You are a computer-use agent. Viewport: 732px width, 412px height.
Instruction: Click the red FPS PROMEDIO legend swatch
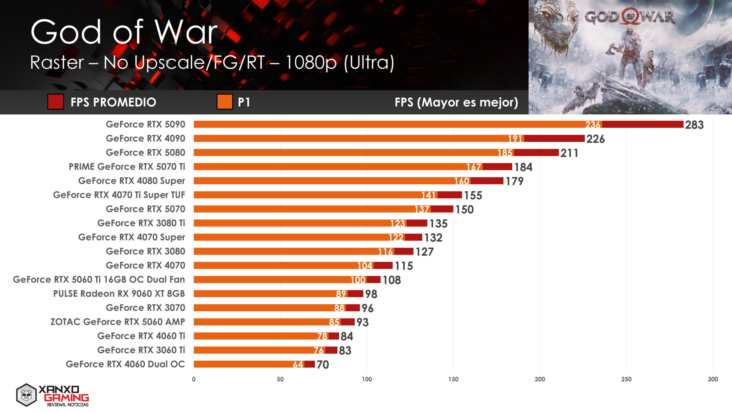(x=55, y=102)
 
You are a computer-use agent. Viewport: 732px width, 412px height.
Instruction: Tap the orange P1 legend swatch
(x=224, y=102)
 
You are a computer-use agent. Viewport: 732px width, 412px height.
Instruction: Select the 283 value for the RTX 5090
(x=694, y=125)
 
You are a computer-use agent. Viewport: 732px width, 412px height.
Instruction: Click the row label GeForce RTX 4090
(x=145, y=138)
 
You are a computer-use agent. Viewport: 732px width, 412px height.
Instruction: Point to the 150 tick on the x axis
(x=453, y=379)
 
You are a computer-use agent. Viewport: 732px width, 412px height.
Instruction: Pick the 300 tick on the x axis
(x=713, y=379)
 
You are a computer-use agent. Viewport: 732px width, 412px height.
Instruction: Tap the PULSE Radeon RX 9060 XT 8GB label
(x=119, y=294)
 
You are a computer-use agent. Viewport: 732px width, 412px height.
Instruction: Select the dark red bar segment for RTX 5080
(x=536, y=153)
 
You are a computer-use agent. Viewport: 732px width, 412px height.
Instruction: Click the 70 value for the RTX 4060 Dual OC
(x=323, y=365)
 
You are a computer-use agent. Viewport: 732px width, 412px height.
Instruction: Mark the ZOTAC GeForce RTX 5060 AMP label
(x=118, y=322)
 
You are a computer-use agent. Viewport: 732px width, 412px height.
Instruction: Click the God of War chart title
(x=124, y=32)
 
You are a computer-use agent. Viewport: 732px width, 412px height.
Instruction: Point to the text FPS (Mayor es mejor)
(x=456, y=102)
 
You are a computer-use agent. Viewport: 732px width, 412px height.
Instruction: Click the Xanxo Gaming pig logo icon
(x=26, y=395)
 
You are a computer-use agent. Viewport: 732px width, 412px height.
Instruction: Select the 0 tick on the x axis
(x=194, y=379)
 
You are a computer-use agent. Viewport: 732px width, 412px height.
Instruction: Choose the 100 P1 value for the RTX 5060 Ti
(x=358, y=280)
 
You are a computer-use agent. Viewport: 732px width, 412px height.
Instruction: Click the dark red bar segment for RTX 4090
(x=554, y=139)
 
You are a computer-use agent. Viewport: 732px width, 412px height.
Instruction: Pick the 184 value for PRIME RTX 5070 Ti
(x=523, y=167)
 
